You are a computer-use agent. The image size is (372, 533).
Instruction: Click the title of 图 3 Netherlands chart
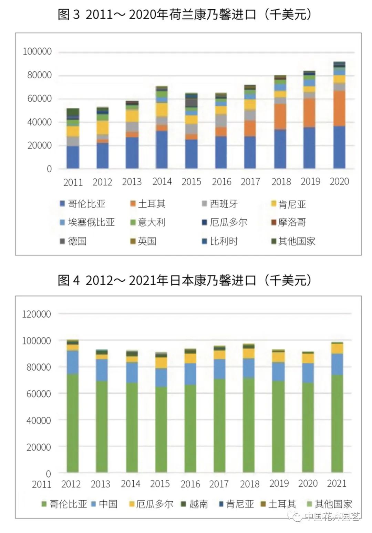coord(185,14)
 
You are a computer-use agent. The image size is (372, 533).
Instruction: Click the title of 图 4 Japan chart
coord(185,280)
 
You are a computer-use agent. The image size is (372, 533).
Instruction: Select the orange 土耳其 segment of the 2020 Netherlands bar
coord(339,108)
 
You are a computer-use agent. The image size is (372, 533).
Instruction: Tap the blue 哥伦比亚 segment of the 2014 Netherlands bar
coord(162,150)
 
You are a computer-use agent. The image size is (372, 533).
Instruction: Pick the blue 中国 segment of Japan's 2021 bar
coord(337,364)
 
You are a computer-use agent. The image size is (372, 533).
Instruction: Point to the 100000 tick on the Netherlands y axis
coord(37,52)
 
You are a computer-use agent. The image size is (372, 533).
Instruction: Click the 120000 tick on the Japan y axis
coord(37,314)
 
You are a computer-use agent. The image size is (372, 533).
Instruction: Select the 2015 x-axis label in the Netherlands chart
coord(191,182)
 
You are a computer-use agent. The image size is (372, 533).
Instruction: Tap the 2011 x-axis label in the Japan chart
coord(41,484)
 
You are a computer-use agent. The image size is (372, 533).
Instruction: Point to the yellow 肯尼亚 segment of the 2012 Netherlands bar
coord(102,128)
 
